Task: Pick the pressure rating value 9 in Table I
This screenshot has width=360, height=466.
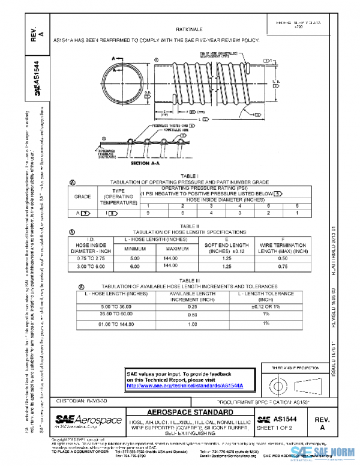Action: tap(148, 212)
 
